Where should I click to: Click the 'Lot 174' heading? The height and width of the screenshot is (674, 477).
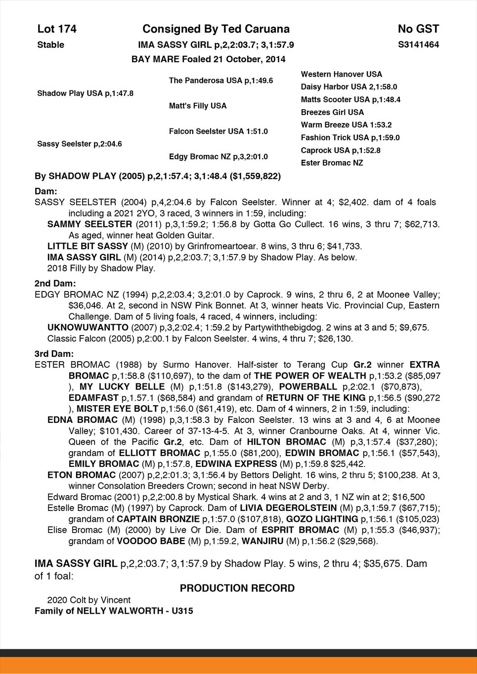tap(57, 29)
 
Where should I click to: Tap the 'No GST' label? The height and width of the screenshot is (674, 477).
tap(418, 29)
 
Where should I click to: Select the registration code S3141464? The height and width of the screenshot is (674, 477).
tap(418, 44)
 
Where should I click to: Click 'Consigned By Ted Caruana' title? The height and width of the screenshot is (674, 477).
tap(216, 29)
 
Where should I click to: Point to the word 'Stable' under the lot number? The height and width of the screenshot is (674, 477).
tap(50, 45)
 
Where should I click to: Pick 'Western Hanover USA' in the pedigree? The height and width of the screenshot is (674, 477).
tap(341, 74)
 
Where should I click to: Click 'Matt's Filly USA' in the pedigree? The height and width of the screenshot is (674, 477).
tap(198, 106)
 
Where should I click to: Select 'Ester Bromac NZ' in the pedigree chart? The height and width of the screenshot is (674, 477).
tap(332, 163)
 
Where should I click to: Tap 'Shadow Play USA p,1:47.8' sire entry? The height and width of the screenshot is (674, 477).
tap(85, 93)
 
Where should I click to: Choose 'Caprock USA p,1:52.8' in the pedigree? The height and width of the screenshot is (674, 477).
tap(341, 150)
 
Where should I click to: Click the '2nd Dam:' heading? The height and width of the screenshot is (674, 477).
tap(55, 284)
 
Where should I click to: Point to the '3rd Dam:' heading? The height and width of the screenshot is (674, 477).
tap(54, 354)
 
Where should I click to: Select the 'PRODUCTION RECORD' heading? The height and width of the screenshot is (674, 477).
tap(237, 588)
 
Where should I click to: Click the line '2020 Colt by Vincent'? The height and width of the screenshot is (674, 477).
tap(89, 600)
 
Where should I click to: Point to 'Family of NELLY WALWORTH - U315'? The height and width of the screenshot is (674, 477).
tap(114, 611)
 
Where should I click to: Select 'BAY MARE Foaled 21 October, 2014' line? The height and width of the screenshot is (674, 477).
tap(209, 59)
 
